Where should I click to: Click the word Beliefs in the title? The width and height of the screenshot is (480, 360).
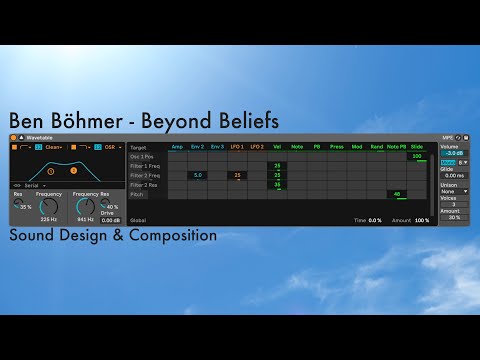[x=241, y=122]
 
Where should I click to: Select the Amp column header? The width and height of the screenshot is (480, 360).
[x=177, y=147]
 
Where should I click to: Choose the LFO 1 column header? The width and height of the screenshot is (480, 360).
[x=237, y=147]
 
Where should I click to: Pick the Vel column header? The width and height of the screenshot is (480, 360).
[x=277, y=147]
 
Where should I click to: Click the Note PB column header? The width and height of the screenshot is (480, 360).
[x=396, y=147]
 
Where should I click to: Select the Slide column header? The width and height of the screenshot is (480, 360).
[x=417, y=147]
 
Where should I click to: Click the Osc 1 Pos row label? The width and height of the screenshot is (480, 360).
[x=142, y=156]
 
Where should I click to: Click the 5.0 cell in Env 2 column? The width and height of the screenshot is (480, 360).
[x=197, y=175]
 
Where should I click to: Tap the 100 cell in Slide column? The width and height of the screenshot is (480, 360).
[x=417, y=156]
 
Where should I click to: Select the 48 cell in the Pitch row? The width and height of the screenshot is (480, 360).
[x=397, y=194]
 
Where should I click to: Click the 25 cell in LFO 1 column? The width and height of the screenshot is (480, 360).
[x=237, y=175]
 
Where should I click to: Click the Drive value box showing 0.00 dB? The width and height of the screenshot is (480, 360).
[x=110, y=219]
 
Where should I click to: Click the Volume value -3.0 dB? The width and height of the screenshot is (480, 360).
[x=453, y=153]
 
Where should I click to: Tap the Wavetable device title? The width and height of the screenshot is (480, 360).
[x=40, y=137]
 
